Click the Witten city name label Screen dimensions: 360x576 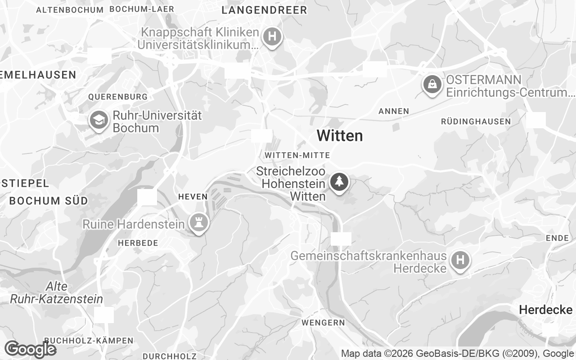[340, 135]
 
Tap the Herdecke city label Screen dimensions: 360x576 [545, 310]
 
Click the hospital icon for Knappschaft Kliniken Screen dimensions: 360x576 [272, 36]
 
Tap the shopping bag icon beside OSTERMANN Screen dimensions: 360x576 [432, 84]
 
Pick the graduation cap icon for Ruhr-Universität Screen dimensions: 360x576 [99, 120]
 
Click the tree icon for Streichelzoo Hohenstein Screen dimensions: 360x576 [339, 182]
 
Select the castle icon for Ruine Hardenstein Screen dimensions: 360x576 [197, 222]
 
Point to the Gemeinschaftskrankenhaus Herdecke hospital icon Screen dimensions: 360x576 [460, 260]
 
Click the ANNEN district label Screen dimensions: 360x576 [394, 111]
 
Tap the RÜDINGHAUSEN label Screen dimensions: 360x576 [476, 121]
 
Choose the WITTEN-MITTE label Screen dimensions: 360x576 [297, 155]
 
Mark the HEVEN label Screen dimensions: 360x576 [193, 197]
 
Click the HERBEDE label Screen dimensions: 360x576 [138, 243]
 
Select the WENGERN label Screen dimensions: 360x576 [323, 323]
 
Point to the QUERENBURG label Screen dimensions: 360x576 [118, 97]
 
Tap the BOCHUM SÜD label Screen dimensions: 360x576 [49, 201]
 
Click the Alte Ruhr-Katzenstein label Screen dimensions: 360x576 [57, 293]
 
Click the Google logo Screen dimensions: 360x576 [30, 349]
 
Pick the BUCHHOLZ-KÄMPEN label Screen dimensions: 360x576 [89, 341]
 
